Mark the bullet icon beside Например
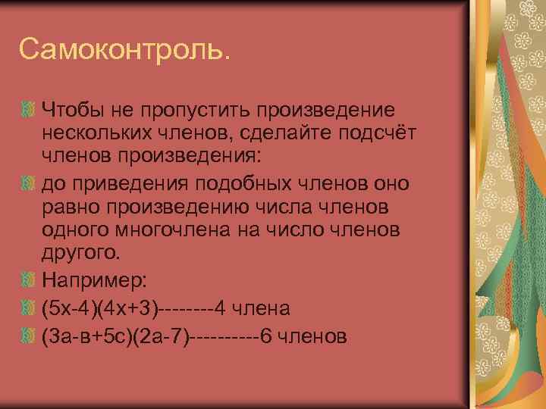pos(30,280)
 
